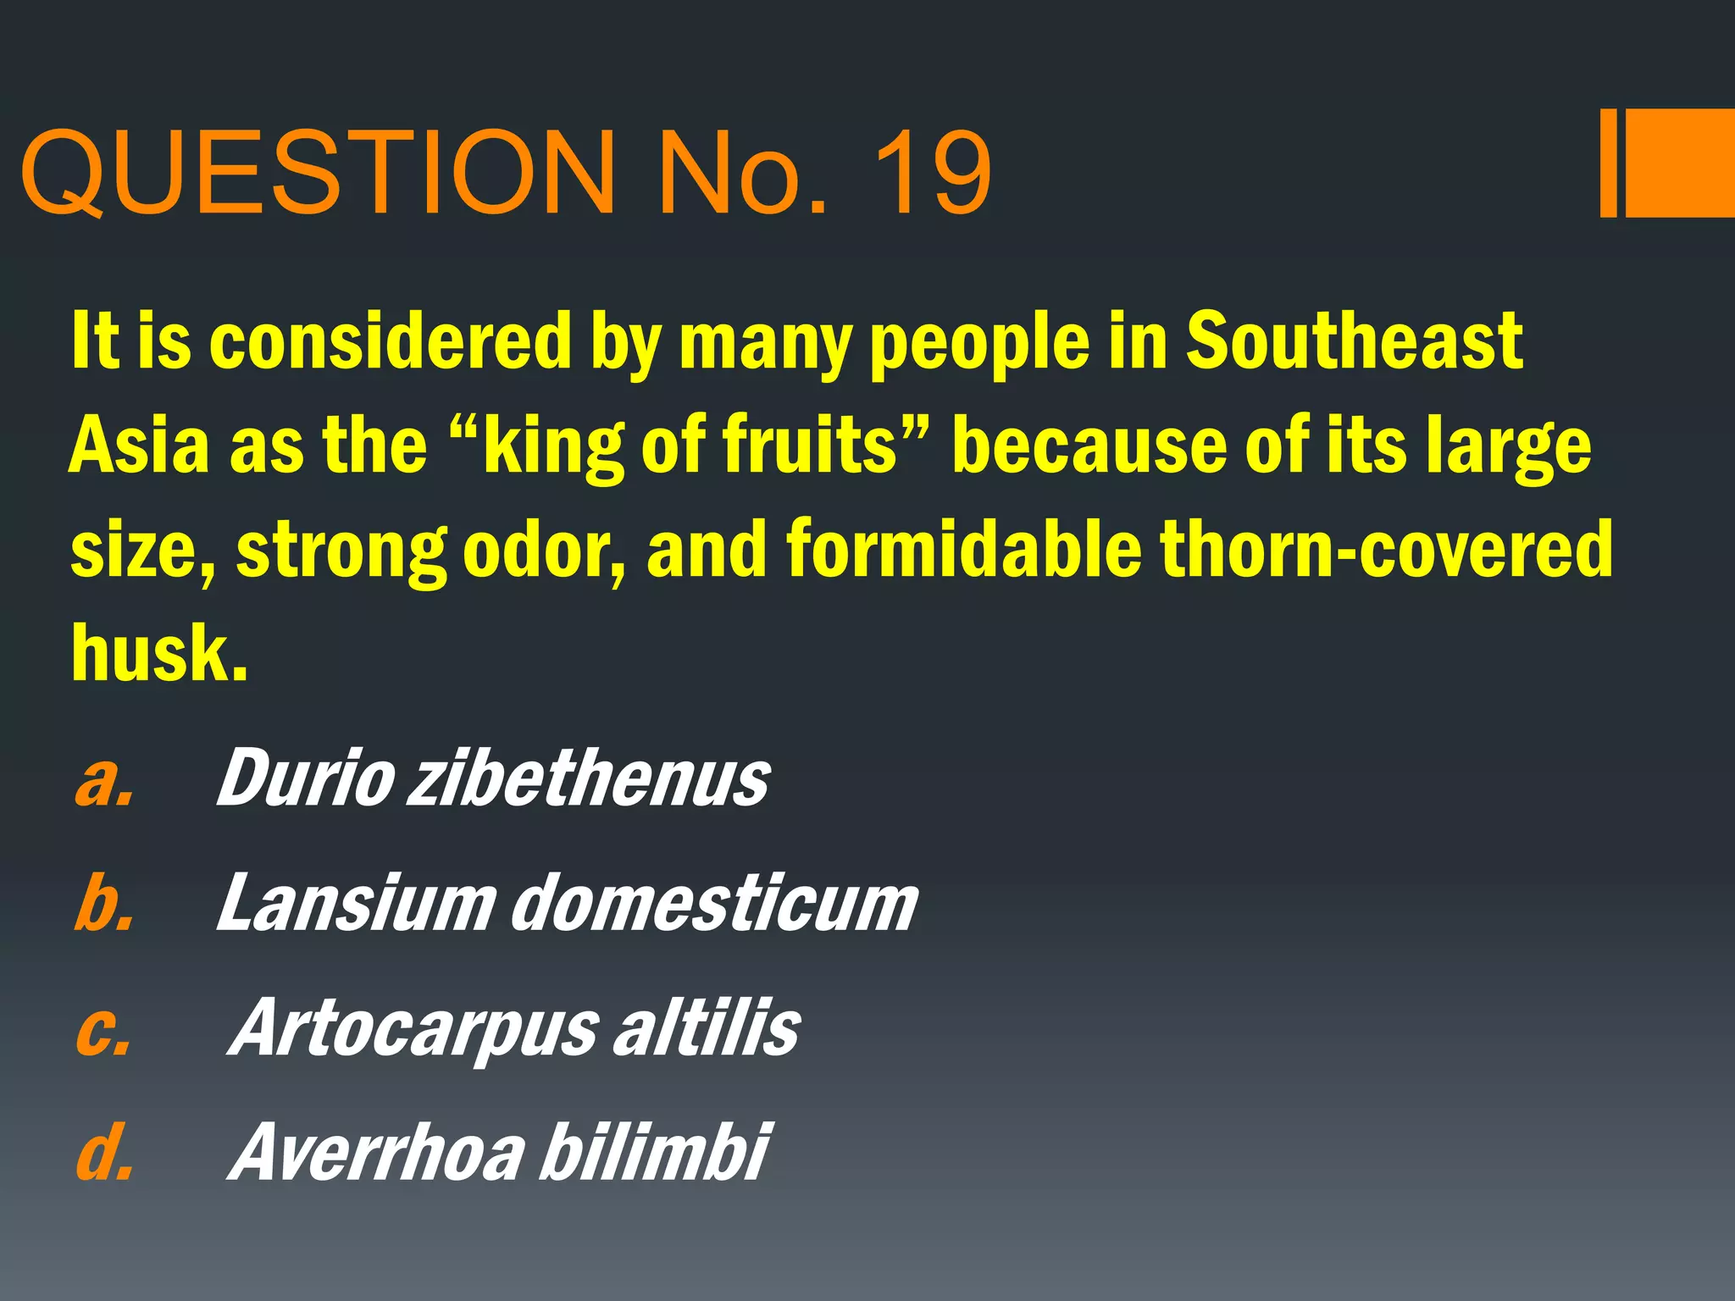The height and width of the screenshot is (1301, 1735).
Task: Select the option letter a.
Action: click(103, 779)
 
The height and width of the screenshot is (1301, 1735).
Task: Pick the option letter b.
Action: click(103, 903)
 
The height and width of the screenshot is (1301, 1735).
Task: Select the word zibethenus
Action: click(589, 779)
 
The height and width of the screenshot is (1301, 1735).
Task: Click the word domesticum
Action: click(713, 903)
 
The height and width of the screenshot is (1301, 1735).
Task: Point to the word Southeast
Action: click(1353, 340)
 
